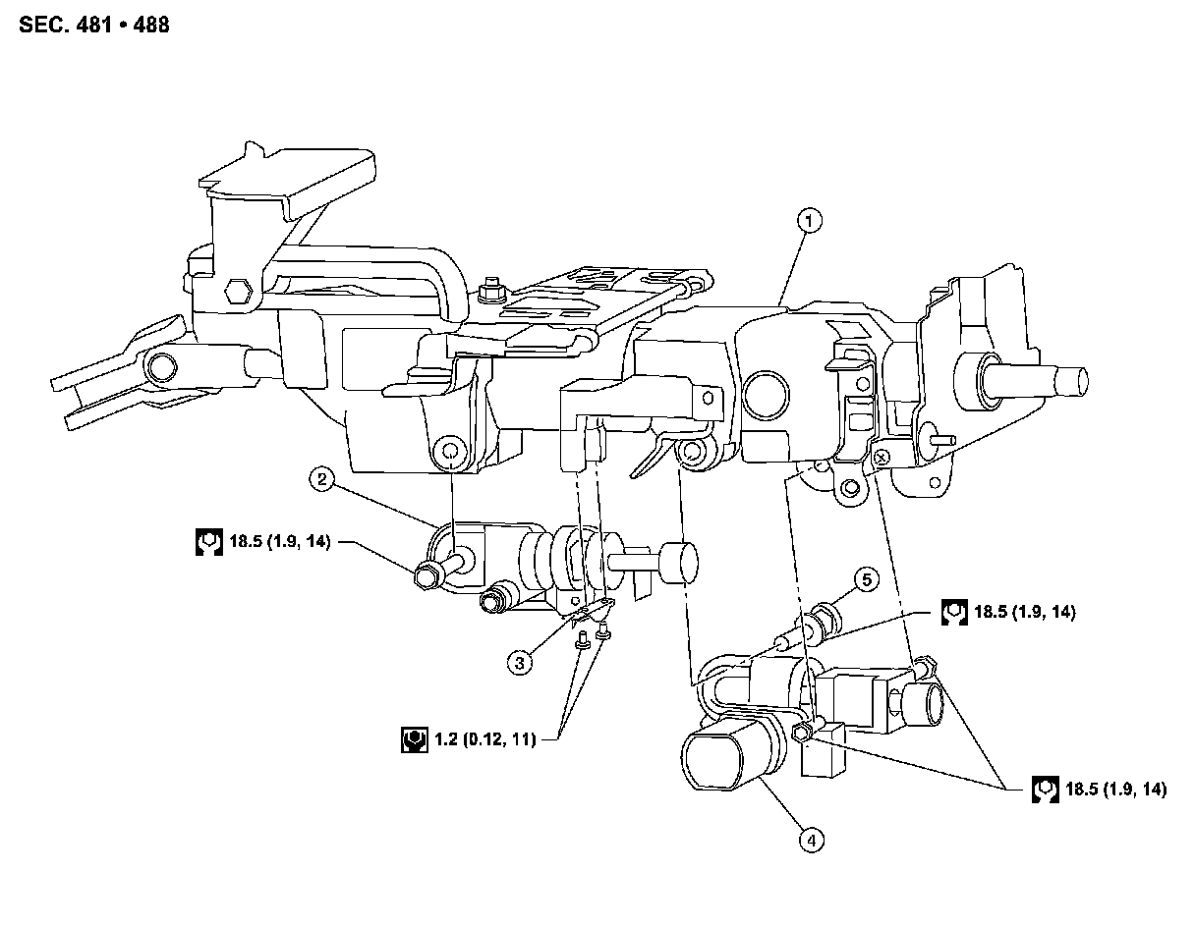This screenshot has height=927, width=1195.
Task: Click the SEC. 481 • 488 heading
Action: pyautogui.click(x=93, y=25)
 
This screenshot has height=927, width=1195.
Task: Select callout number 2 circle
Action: pyautogui.click(x=321, y=480)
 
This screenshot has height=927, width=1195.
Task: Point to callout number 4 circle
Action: pyautogui.click(x=810, y=840)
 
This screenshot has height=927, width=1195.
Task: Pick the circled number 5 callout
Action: pyautogui.click(x=867, y=580)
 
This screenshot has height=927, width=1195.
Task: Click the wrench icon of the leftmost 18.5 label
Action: pyautogui.click(x=206, y=542)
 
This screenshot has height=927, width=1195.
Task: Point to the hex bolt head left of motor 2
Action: pyautogui.click(x=427, y=576)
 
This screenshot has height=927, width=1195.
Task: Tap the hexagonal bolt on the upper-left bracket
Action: pyautogui.click(x=237, y=292)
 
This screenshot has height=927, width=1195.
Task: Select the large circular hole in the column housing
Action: pyautogui.click(x=767, y=392)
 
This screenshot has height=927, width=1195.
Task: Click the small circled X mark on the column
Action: pyautogui.click(x=882, y=455)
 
